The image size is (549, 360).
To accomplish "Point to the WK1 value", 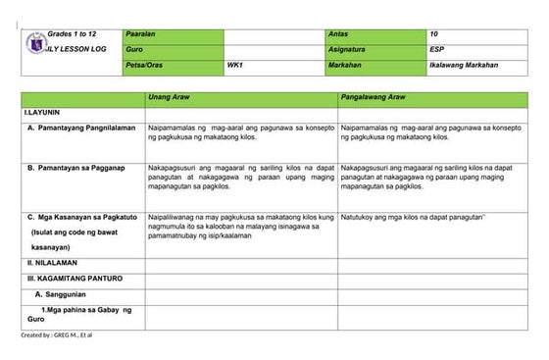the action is tap(234, 66).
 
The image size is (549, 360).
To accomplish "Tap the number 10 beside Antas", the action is tap(434, 35).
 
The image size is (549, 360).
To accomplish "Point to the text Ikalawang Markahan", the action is tap(464, 66).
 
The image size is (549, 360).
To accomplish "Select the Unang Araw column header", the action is tap(168, 99).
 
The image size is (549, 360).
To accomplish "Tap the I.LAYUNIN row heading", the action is tap(43, 114).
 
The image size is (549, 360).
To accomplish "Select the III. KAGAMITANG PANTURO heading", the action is tap(75, 279).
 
